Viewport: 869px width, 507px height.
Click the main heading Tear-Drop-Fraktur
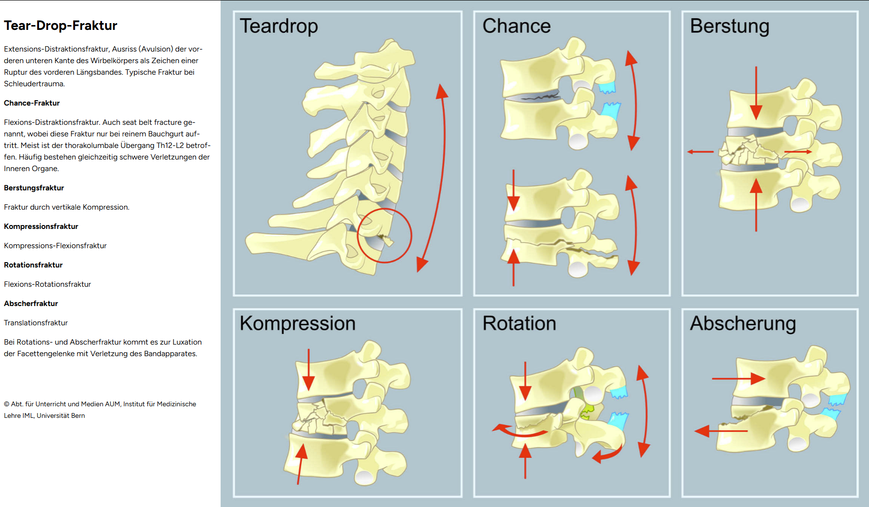tap(61, 26)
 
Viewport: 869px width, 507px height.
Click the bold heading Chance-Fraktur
tap(32, 103)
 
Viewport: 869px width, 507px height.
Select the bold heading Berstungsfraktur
tap(34, 188)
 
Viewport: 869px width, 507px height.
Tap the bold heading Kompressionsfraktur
tap(41, 227)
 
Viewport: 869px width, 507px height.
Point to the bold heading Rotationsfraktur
tap(33, 265)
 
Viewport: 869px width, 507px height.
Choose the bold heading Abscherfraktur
tap(31, 304)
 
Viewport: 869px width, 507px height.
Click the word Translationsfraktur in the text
tap(36, 323)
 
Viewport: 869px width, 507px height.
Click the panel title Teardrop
tap(279, 26)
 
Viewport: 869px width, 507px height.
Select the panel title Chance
tap(516, 26)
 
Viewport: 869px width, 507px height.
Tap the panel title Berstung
tap(729, 26)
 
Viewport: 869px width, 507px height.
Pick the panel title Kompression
tap(298, 323)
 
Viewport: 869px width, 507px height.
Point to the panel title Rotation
tap(519, 323)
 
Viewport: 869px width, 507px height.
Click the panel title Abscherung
tap(743, 323)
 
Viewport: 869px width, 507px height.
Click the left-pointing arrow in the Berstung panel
tap(700, 152)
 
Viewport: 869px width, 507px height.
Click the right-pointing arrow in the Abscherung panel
tap(738, 378)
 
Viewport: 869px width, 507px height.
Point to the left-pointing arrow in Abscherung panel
tap(720, 430)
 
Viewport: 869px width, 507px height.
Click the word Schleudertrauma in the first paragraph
tap(34, 84)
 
